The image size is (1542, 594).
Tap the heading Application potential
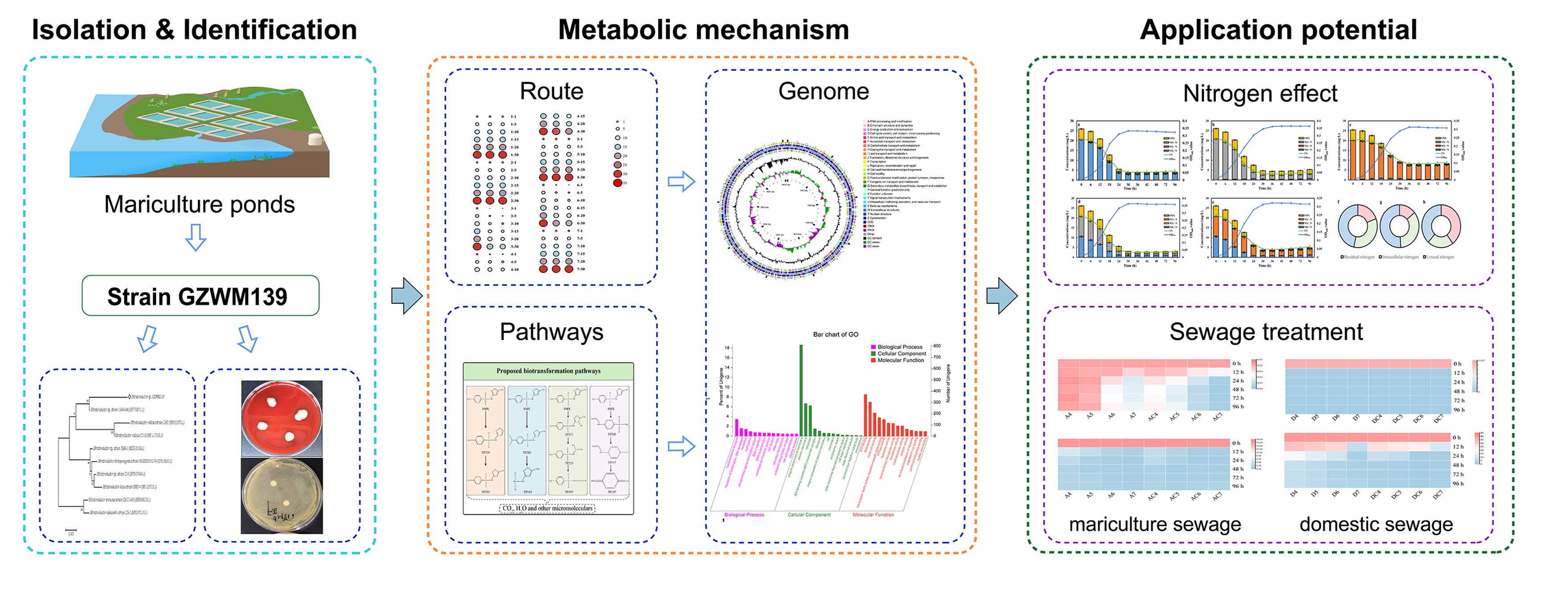(x=1278, y=30)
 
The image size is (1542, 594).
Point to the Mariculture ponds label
(x=199, y=204)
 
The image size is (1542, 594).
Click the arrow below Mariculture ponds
(x=195, y=237)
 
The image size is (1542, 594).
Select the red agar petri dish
(x=281, y=418)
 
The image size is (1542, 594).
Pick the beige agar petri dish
(x=281, y=495)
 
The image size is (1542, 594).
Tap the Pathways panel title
(x=551, y=332)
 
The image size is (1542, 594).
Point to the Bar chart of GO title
(x=835, y=334)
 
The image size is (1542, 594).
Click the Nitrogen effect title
(x=1260, y=94)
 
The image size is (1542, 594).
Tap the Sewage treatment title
(x=1266, y=332)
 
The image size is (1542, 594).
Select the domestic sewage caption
(x=1375, y=524)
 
